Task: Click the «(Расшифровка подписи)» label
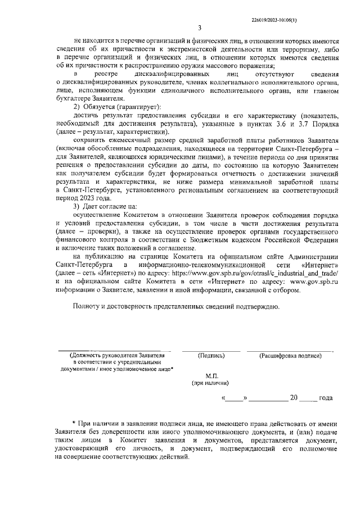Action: click(x=290, y=356)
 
